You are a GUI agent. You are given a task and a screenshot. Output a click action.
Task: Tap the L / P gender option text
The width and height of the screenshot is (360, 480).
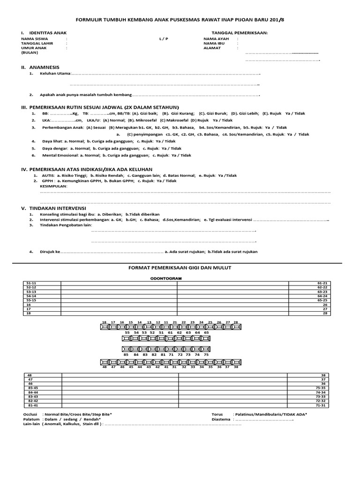(163, 38)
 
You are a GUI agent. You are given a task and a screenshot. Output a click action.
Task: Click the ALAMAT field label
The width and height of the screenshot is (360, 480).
(212, 48)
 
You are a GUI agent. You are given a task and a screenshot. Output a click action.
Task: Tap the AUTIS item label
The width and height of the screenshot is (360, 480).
(49, 175)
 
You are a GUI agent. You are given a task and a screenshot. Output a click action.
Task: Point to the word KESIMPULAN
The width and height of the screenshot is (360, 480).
(54, 186)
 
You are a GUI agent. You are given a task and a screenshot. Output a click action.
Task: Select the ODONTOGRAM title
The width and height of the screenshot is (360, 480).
(165, 278)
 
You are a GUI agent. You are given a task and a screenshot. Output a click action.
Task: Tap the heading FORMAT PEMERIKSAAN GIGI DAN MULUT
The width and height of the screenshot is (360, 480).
(180, 267)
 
